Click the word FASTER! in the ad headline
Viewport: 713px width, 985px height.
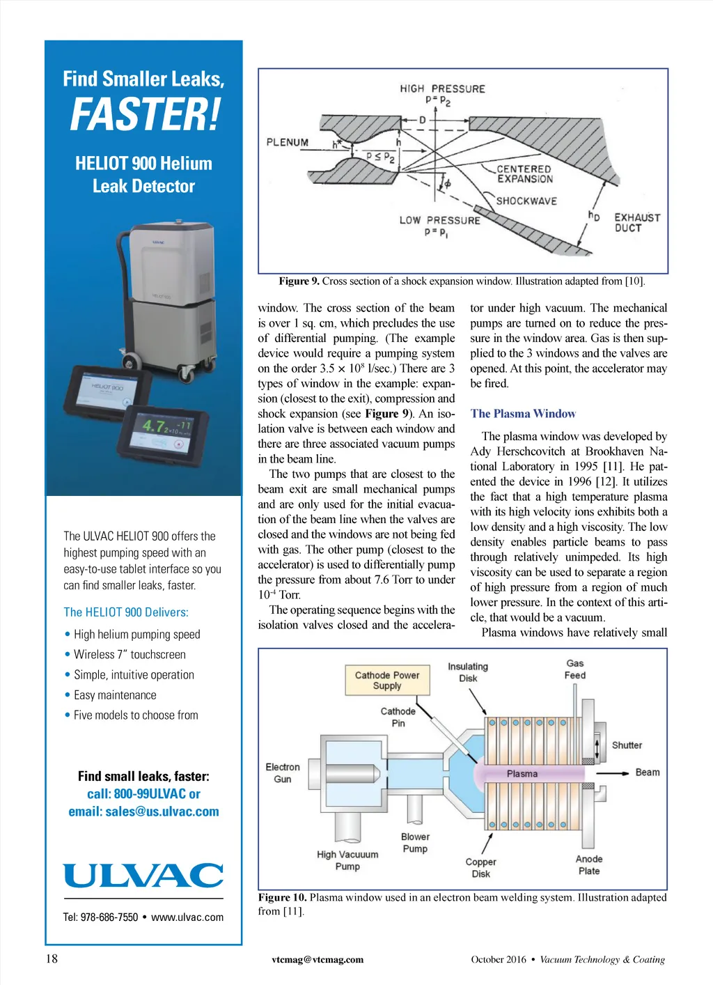click(145, 115)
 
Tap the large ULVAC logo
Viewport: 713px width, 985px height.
click(143, 876)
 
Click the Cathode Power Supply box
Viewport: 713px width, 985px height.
click(387, 680)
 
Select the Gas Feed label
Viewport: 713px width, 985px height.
click(575, 669)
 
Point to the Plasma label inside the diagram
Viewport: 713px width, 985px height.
click(522, 774)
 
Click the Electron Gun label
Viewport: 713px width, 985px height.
click(283, 773)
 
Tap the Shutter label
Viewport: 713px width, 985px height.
click(627, 745)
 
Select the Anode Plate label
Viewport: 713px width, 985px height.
click(589, 865)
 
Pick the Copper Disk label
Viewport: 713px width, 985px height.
click(480, 868)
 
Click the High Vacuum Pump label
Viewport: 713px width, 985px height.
click(347, 860)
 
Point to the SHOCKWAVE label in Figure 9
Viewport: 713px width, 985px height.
click(526, 201)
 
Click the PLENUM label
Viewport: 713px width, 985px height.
click(288, 143)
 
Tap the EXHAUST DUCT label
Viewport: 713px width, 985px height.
click(636, 223)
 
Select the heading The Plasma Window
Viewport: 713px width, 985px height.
click(523, 414)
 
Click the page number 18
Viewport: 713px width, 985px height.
click(52, 959)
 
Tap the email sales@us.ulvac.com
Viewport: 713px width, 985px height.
click(143, 812)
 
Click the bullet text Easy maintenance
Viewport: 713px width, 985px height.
click(115, 695)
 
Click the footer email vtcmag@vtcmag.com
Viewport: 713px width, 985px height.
click(318, 959)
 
